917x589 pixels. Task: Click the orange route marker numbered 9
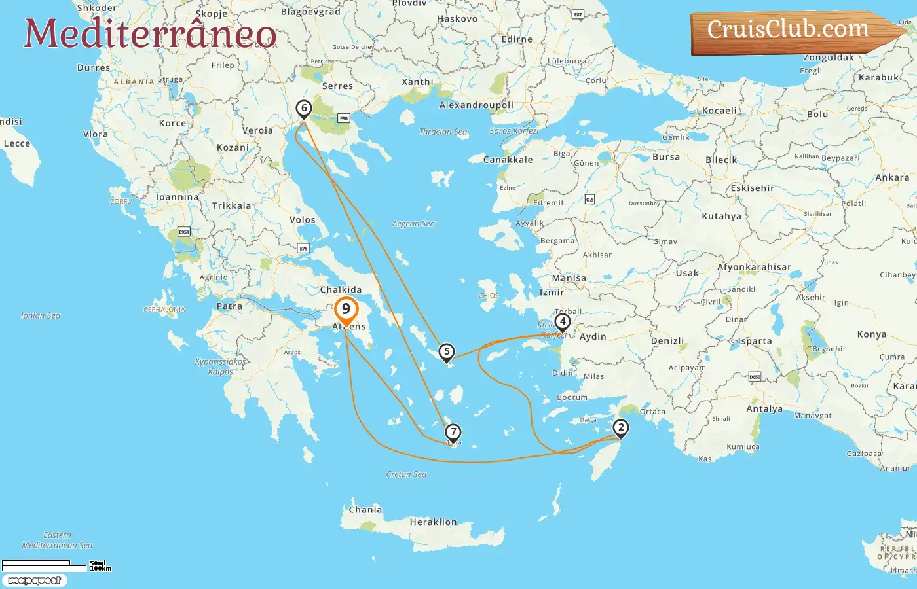click(x=346, y=309)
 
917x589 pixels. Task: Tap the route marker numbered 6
click(x=303, y=109)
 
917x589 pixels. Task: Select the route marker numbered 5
click(x=446, y=352)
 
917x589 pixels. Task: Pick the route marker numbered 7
click(x=453, y=433)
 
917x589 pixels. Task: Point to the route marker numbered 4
click(x=562, y=322)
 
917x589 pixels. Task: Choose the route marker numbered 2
click(x=620, y=429)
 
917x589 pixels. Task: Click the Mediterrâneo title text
click(x=150, y=33)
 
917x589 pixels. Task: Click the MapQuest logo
click(x=34, y=580)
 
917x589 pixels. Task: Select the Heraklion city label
click(x=433, y=522)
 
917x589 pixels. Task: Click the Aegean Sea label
click(x=413, y=224)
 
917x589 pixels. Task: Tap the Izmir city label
click(x=552, y=293)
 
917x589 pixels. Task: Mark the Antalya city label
click(x=764, y=409)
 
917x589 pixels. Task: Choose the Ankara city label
click(x=892, y=178)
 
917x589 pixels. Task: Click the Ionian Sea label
click(x=41, y=316)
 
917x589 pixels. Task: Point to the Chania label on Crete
click(x=365, y=510)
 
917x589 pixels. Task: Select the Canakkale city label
click(x=508, y=160)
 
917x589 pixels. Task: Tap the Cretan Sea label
click(x=406, y=474)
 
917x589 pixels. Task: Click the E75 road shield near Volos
click(x=303, y=249)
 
